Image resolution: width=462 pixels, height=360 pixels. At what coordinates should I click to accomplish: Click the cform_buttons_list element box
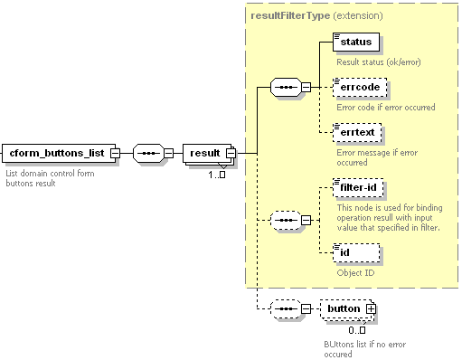click(59, 153)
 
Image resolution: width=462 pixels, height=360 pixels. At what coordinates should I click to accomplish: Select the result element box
click(207, 153)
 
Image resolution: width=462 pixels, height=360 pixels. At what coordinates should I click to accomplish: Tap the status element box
click(356, 42)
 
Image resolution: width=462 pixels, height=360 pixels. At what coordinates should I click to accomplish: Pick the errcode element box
click(360, 88)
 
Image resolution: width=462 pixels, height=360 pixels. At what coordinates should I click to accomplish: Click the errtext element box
click(357, 132)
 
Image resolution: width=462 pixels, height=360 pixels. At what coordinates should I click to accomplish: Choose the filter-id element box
click(358, 187)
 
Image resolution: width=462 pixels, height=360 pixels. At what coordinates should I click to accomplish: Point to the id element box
click(356, 252)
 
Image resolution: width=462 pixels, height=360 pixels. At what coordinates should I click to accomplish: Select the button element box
click(346, 308)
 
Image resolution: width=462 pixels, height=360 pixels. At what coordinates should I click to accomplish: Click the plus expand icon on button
click(371, 309)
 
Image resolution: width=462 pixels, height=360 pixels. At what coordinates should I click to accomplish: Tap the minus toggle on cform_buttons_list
click(115, 153)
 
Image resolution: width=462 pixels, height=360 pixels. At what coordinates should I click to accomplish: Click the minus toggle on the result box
click(231, 153)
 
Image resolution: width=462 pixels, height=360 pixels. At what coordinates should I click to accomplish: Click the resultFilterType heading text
click(290, 15)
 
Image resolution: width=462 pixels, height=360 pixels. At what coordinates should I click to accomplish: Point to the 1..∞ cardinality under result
click(217, 175)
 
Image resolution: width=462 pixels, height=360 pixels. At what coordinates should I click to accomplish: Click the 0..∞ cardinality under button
click(357, 330)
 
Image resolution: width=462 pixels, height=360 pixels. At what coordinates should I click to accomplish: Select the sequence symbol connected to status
click(286, 88)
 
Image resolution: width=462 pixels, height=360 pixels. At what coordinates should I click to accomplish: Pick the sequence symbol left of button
click(286, 308)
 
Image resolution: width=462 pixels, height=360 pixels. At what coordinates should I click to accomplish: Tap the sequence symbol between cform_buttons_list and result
click(148, 153)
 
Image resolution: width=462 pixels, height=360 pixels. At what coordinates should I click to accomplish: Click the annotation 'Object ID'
click(355, 273)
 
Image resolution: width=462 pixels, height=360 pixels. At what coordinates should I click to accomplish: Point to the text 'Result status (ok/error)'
click(379, 62)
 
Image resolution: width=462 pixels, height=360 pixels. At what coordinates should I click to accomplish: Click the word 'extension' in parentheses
click(358, 15)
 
